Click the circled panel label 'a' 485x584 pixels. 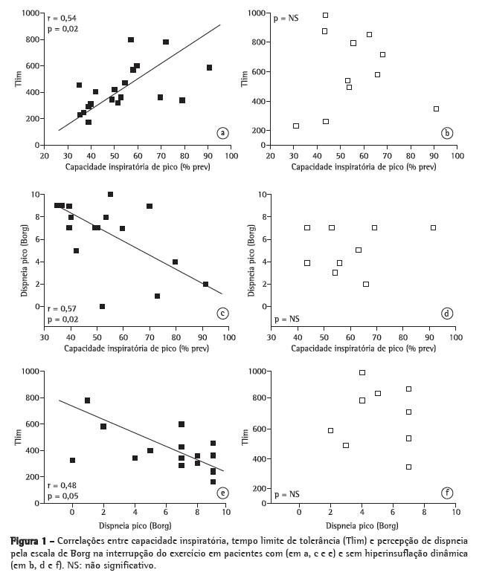[x=222, y=133]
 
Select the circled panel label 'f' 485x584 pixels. [x=447, y=491]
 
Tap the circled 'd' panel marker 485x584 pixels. [x=447, y=314]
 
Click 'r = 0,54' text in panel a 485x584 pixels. [x=62, y=18]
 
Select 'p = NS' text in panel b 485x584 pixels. [x=286, y=17]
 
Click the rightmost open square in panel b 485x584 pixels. [x=436, y=108]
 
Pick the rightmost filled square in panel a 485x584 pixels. [x=209, y=68]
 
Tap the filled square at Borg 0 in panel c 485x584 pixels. [x=102, y=306]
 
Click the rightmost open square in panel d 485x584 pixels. [x=433, y=227]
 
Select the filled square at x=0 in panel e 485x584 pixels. [x=72, y=461]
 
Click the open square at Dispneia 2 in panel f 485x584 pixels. [x=330, y=430]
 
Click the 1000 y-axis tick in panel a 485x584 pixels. [x=31, y=13]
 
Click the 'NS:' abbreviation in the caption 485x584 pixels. [x=132, y=566]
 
